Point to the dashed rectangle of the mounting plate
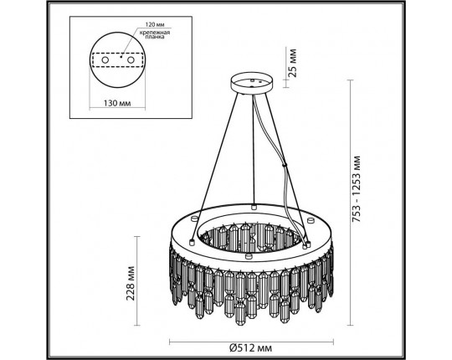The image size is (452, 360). (125, 60)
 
